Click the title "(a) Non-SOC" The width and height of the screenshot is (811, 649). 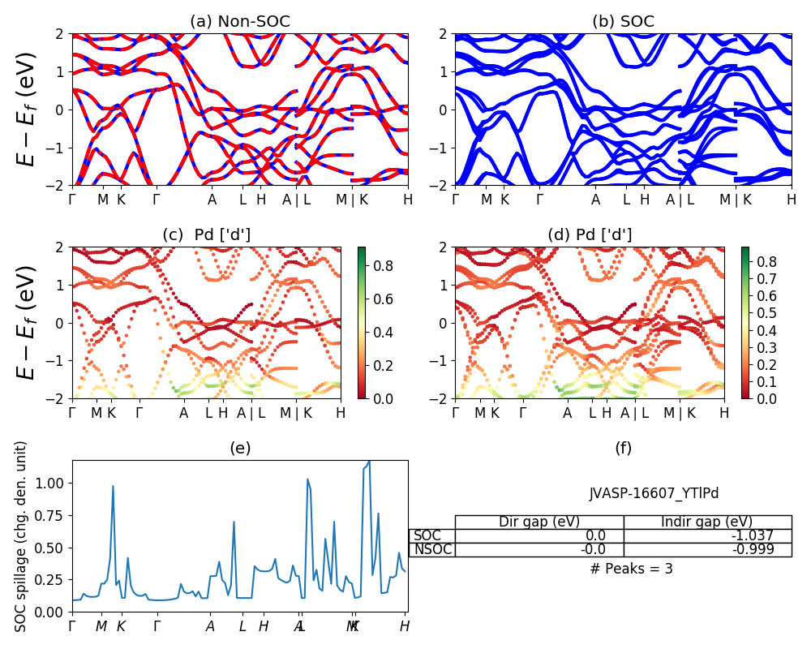(x=239, y=22)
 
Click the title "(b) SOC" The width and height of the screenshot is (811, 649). (x=623, y=22)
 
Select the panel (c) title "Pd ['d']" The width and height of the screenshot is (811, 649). (x=221, y=235)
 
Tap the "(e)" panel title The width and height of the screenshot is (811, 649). (x=239, y=448)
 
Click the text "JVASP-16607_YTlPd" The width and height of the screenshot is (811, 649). (x=654, y=493)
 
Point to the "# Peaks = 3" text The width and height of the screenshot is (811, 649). (x=631, y=569)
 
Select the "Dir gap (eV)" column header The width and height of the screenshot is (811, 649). (x=539, y=522)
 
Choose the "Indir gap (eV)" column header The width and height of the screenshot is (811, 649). (x=707, y=522)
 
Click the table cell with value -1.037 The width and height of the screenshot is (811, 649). (x=707, y=535)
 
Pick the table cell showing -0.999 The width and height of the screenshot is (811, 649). (x=707, y=549)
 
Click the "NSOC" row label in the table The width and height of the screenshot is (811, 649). (x=432, y=549)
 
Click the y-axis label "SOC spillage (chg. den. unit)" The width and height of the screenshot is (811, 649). (x=22, y=536)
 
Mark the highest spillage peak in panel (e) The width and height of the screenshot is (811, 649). (x=369, y=461)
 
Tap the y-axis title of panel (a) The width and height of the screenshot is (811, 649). (x=28, y=110)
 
